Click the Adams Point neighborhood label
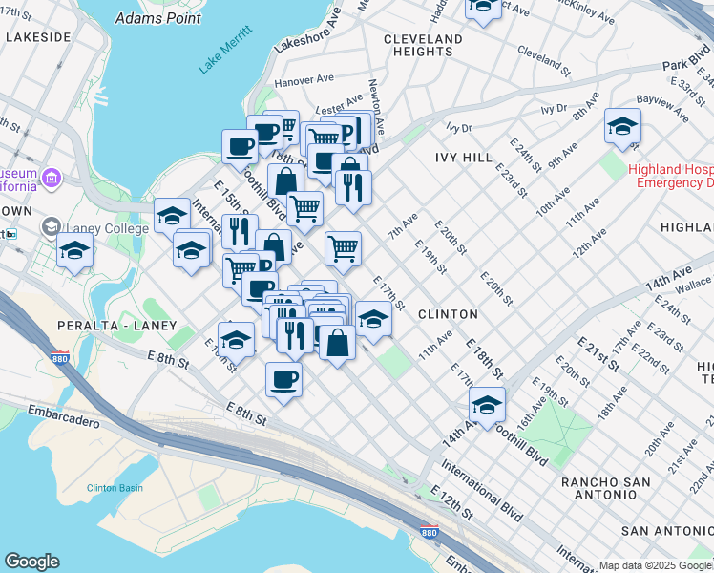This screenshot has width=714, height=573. [x=157, y=18]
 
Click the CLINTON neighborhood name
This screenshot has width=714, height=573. [x=448, y=313]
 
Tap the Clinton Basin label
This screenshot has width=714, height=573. [x=115, y=488]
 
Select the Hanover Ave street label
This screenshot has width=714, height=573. [x=302, y=82]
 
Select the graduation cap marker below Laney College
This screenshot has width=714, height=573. [x=73, y=252]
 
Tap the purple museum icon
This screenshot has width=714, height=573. [x=51, y=178]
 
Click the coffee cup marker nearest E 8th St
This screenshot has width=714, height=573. [x=283, y=379]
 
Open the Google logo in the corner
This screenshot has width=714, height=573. [x=31, y=562]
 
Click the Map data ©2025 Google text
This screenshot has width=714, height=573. [x=656, y=565]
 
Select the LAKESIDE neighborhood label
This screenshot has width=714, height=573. [x=38, y=36]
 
